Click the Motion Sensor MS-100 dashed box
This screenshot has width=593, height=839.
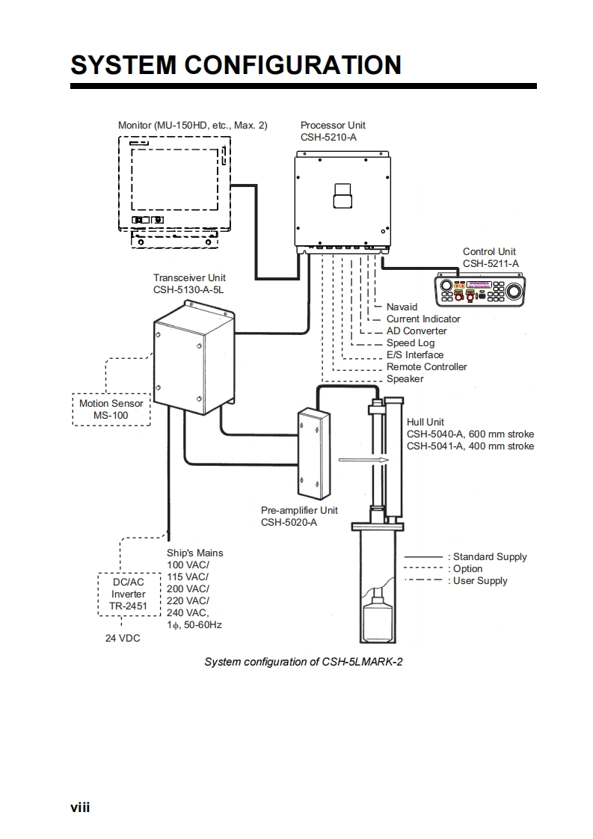tap(111, 409)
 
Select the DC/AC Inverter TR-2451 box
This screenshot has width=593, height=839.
tap(129, 594)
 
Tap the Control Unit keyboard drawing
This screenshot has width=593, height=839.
tap(481, 290)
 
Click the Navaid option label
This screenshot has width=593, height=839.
tap(402, 307)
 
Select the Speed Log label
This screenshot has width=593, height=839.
tap(410, 342)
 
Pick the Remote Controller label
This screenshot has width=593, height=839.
tap(426, 366)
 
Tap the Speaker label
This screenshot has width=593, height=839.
tap(405, 378)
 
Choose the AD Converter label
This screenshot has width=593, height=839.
tap(417, 331)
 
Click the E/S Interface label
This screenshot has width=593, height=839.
tap(414, 354)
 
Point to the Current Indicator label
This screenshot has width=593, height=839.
tap(423, 319)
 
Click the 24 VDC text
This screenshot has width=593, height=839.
tap(122, 639)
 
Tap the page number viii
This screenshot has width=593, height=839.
tap(80, 807)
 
